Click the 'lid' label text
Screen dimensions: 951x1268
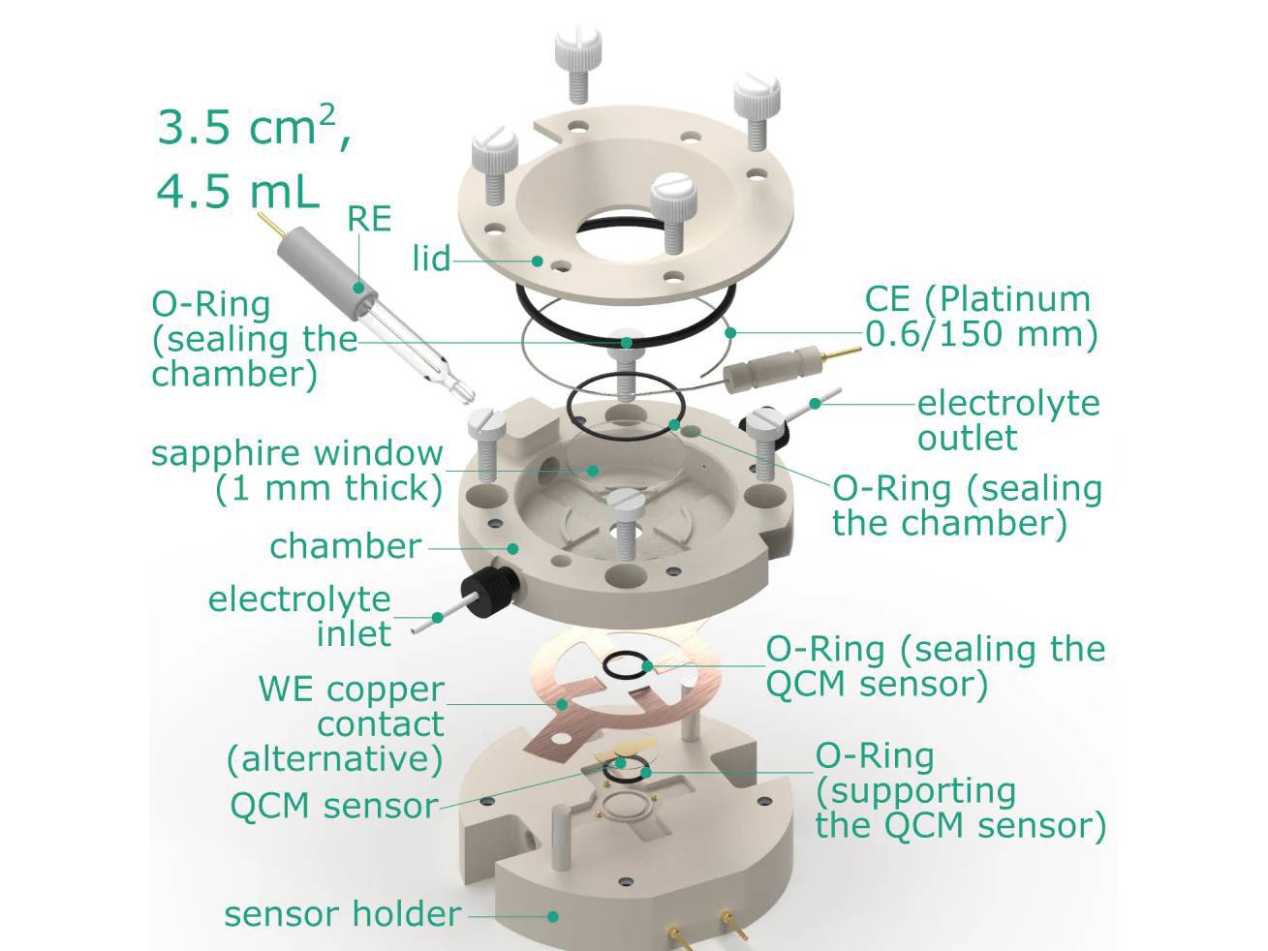431,259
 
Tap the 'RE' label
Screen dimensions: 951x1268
369,219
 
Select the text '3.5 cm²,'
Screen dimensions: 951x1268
254,128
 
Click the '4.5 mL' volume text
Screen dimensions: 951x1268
237,191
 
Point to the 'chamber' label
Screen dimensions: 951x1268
345,546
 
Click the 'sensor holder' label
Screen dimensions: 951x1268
342,914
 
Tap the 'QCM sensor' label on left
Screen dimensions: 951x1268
332,806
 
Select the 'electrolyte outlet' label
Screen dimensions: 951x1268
1007,420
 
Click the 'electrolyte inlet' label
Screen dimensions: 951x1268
299,616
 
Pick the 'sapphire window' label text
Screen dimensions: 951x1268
296,453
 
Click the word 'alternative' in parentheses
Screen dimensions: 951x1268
334,758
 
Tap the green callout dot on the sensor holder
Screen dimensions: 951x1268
553,915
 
